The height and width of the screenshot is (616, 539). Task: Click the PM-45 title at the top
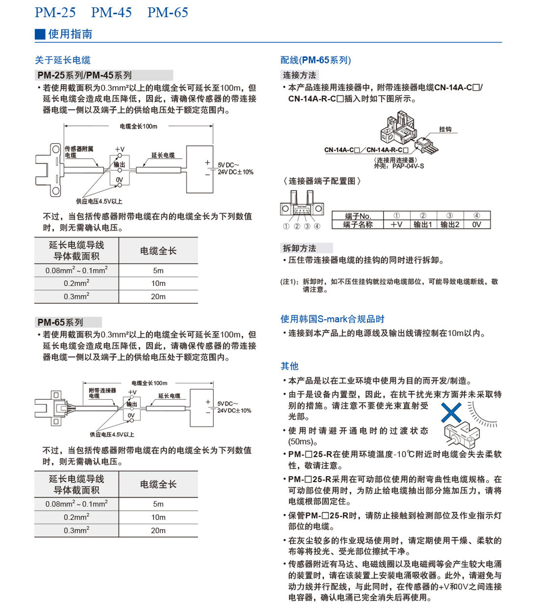pyautogui.click(x=111, y=12)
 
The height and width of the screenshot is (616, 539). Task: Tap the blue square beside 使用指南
pyautogui.click(x=40, y=34)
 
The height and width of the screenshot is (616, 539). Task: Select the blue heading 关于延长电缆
pyautogui.click(x=63, y=60)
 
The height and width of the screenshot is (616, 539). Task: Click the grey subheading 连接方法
pyautogui.click(x=299, y=75)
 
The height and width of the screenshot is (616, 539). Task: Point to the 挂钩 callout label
pyautogui.click(x=445, y=129)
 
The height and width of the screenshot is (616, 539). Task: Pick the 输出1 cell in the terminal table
pyautogui.click(x=423, y=224)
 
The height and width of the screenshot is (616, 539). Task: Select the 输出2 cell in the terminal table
pyautogui.click(x=450, y=224)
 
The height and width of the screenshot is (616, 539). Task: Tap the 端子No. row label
pyautogui.click(x=358, y=216)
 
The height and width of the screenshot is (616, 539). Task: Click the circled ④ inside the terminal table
pyautogui.click(x=476, y=216)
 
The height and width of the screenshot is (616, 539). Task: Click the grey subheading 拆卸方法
pyautogui.click(x=299, y=248)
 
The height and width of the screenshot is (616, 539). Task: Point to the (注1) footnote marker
pyautogui.click(x=289, y=281)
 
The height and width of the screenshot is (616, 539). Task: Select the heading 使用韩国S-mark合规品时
pyautogui.click(x=332, y=319)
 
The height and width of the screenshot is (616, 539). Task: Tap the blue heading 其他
pyautogui.click(x=289, y=366)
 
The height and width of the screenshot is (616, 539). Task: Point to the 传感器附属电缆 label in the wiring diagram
pyautogui.click(x=79, y=152)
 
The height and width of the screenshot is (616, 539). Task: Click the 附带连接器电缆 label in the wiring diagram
pyautogui.click(x=102, y=393)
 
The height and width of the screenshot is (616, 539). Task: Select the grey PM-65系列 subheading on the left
pyautogui.click(x=60, y=322)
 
